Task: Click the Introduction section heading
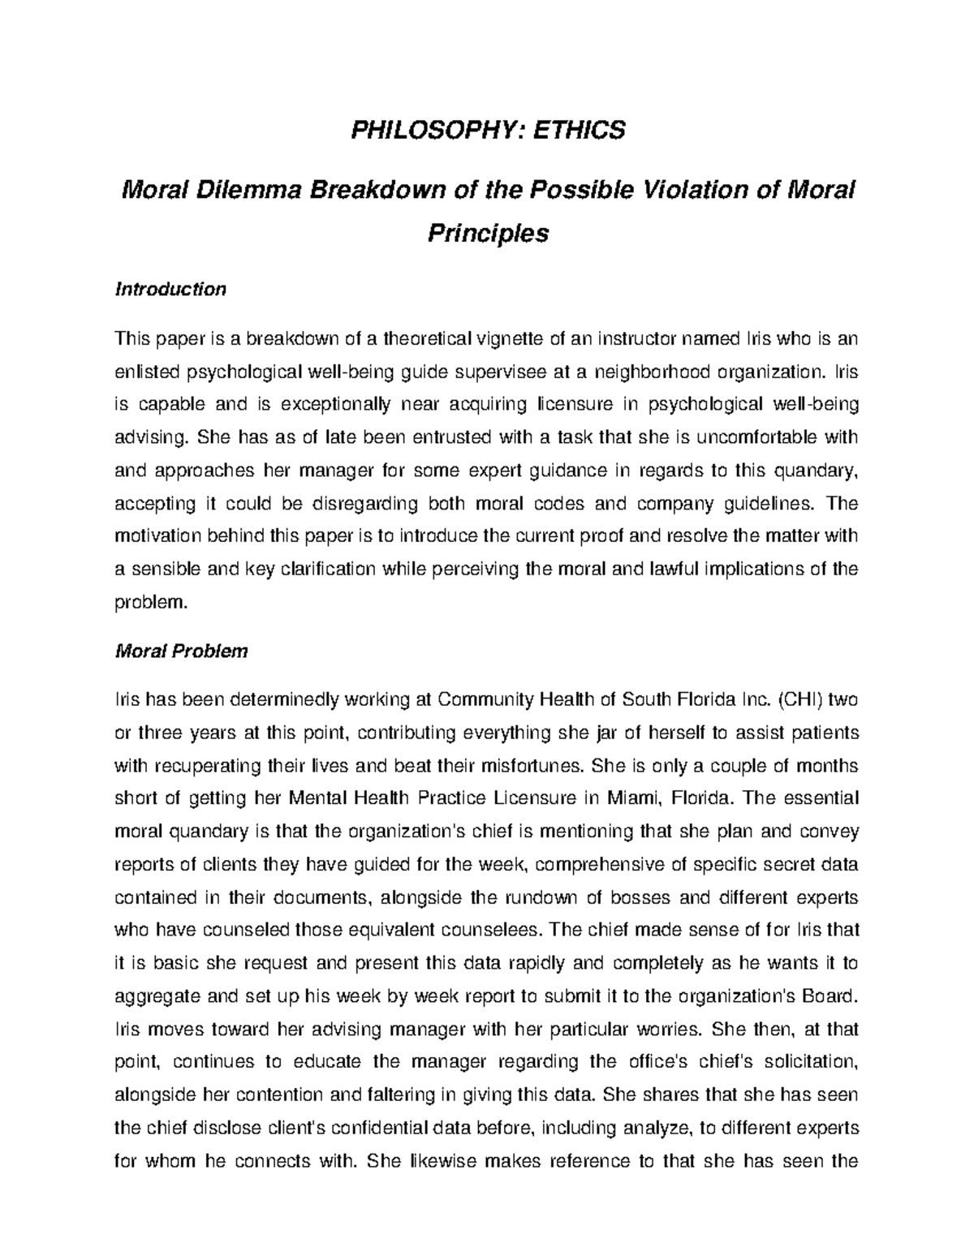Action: point(170,289)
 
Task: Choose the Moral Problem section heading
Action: point(182,652)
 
